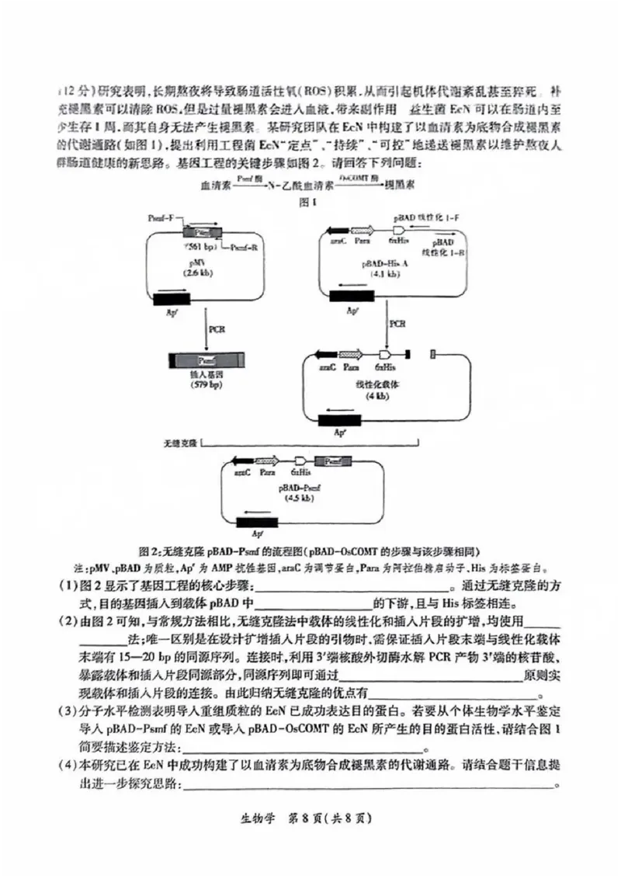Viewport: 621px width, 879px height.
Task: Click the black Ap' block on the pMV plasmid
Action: click(172, 297)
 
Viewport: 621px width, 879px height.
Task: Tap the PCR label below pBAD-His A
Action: click(397, 322)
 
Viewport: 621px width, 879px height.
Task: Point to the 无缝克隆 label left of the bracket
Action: click(180, 442)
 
